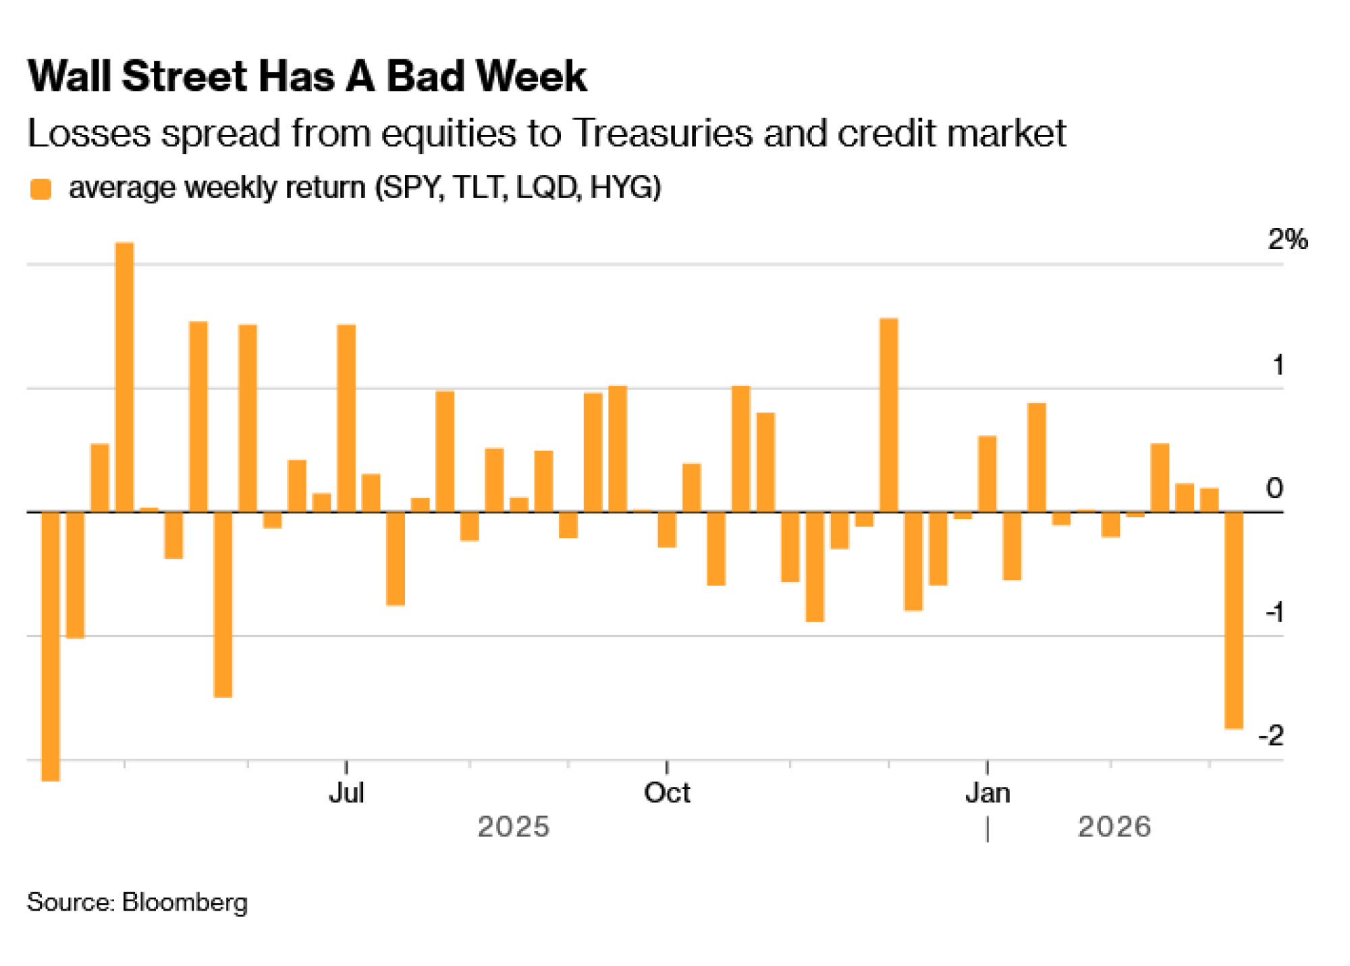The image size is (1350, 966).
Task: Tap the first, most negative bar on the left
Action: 51,646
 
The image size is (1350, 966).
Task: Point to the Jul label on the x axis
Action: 346,793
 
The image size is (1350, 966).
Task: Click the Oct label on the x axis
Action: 666,793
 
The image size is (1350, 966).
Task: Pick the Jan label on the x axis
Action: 987,793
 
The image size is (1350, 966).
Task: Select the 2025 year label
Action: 513,827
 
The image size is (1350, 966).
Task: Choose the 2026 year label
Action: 1114,827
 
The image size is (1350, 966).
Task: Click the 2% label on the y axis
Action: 1287,240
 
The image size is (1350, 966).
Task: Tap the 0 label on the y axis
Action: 1274,488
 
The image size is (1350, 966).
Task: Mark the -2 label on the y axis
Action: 1271,735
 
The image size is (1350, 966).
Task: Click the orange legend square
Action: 41,189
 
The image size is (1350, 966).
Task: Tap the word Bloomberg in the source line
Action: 184,903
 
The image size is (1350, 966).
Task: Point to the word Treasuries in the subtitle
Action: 662,133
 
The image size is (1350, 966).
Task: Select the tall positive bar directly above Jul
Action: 346,418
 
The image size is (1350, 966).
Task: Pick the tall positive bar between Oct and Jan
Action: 888,414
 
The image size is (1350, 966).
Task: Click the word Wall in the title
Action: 70,76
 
